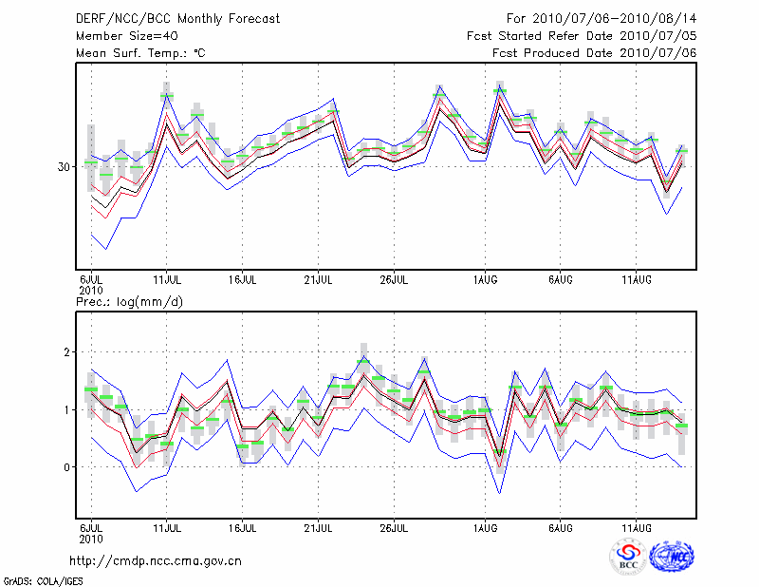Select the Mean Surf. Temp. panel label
coord(140,53)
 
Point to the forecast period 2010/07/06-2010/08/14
coord(601,19)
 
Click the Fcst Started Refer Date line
coord(582,36)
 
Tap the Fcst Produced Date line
coord(595,53)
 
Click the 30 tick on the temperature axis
coord(65,166)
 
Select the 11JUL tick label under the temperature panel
coord(167,280)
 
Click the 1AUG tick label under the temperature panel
coord(485,280)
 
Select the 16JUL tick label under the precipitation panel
coord(243,527)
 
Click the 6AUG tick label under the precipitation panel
coord(561,527)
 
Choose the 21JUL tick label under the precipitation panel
coord(319,527)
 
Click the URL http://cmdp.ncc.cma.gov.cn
coord(156,561)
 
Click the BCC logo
coord(628,558)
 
